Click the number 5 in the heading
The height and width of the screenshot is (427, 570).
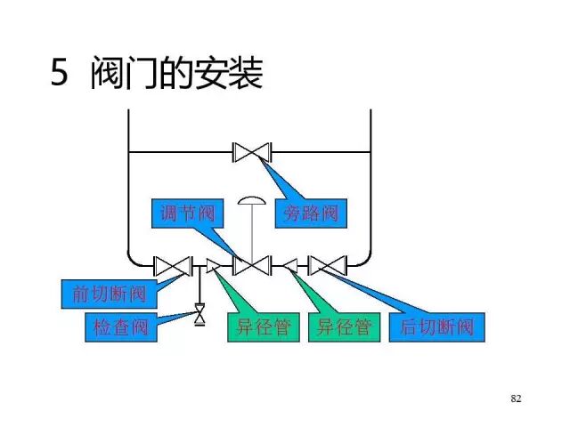click(59, 75)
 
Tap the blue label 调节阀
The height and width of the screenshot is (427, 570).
click(185, 213)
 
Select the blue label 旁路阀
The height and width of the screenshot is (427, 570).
click(311, 213)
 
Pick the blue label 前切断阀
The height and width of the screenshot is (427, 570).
click(103, 292)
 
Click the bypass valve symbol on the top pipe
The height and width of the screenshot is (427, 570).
click(252, 152)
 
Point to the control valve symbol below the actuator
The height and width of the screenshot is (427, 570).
click(252, 265)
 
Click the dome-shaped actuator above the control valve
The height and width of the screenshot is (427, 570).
click(252, 200)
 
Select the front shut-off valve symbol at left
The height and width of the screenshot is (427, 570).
click(172, 265)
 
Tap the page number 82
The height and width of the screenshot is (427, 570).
click(516, 398)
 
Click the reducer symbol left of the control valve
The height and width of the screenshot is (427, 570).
click(213, 265)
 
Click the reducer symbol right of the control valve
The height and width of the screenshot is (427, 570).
click(290, 265)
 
